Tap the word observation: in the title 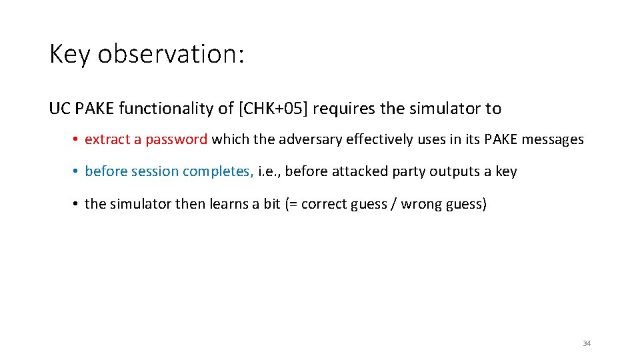pos(171,54)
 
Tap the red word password pos(177,139)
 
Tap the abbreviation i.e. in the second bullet pos(269,171)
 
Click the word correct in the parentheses pos(322,204)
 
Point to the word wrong pos(428,204)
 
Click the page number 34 pos(587,343)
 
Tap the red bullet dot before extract pos(77,140)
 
